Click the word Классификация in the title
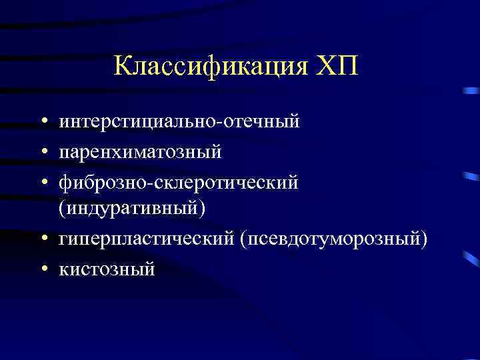coord(210,67)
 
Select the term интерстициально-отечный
coord(179,123)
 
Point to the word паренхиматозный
coord(140,153)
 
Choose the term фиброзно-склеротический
coord(179,182)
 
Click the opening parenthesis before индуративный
coord(62,209)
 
